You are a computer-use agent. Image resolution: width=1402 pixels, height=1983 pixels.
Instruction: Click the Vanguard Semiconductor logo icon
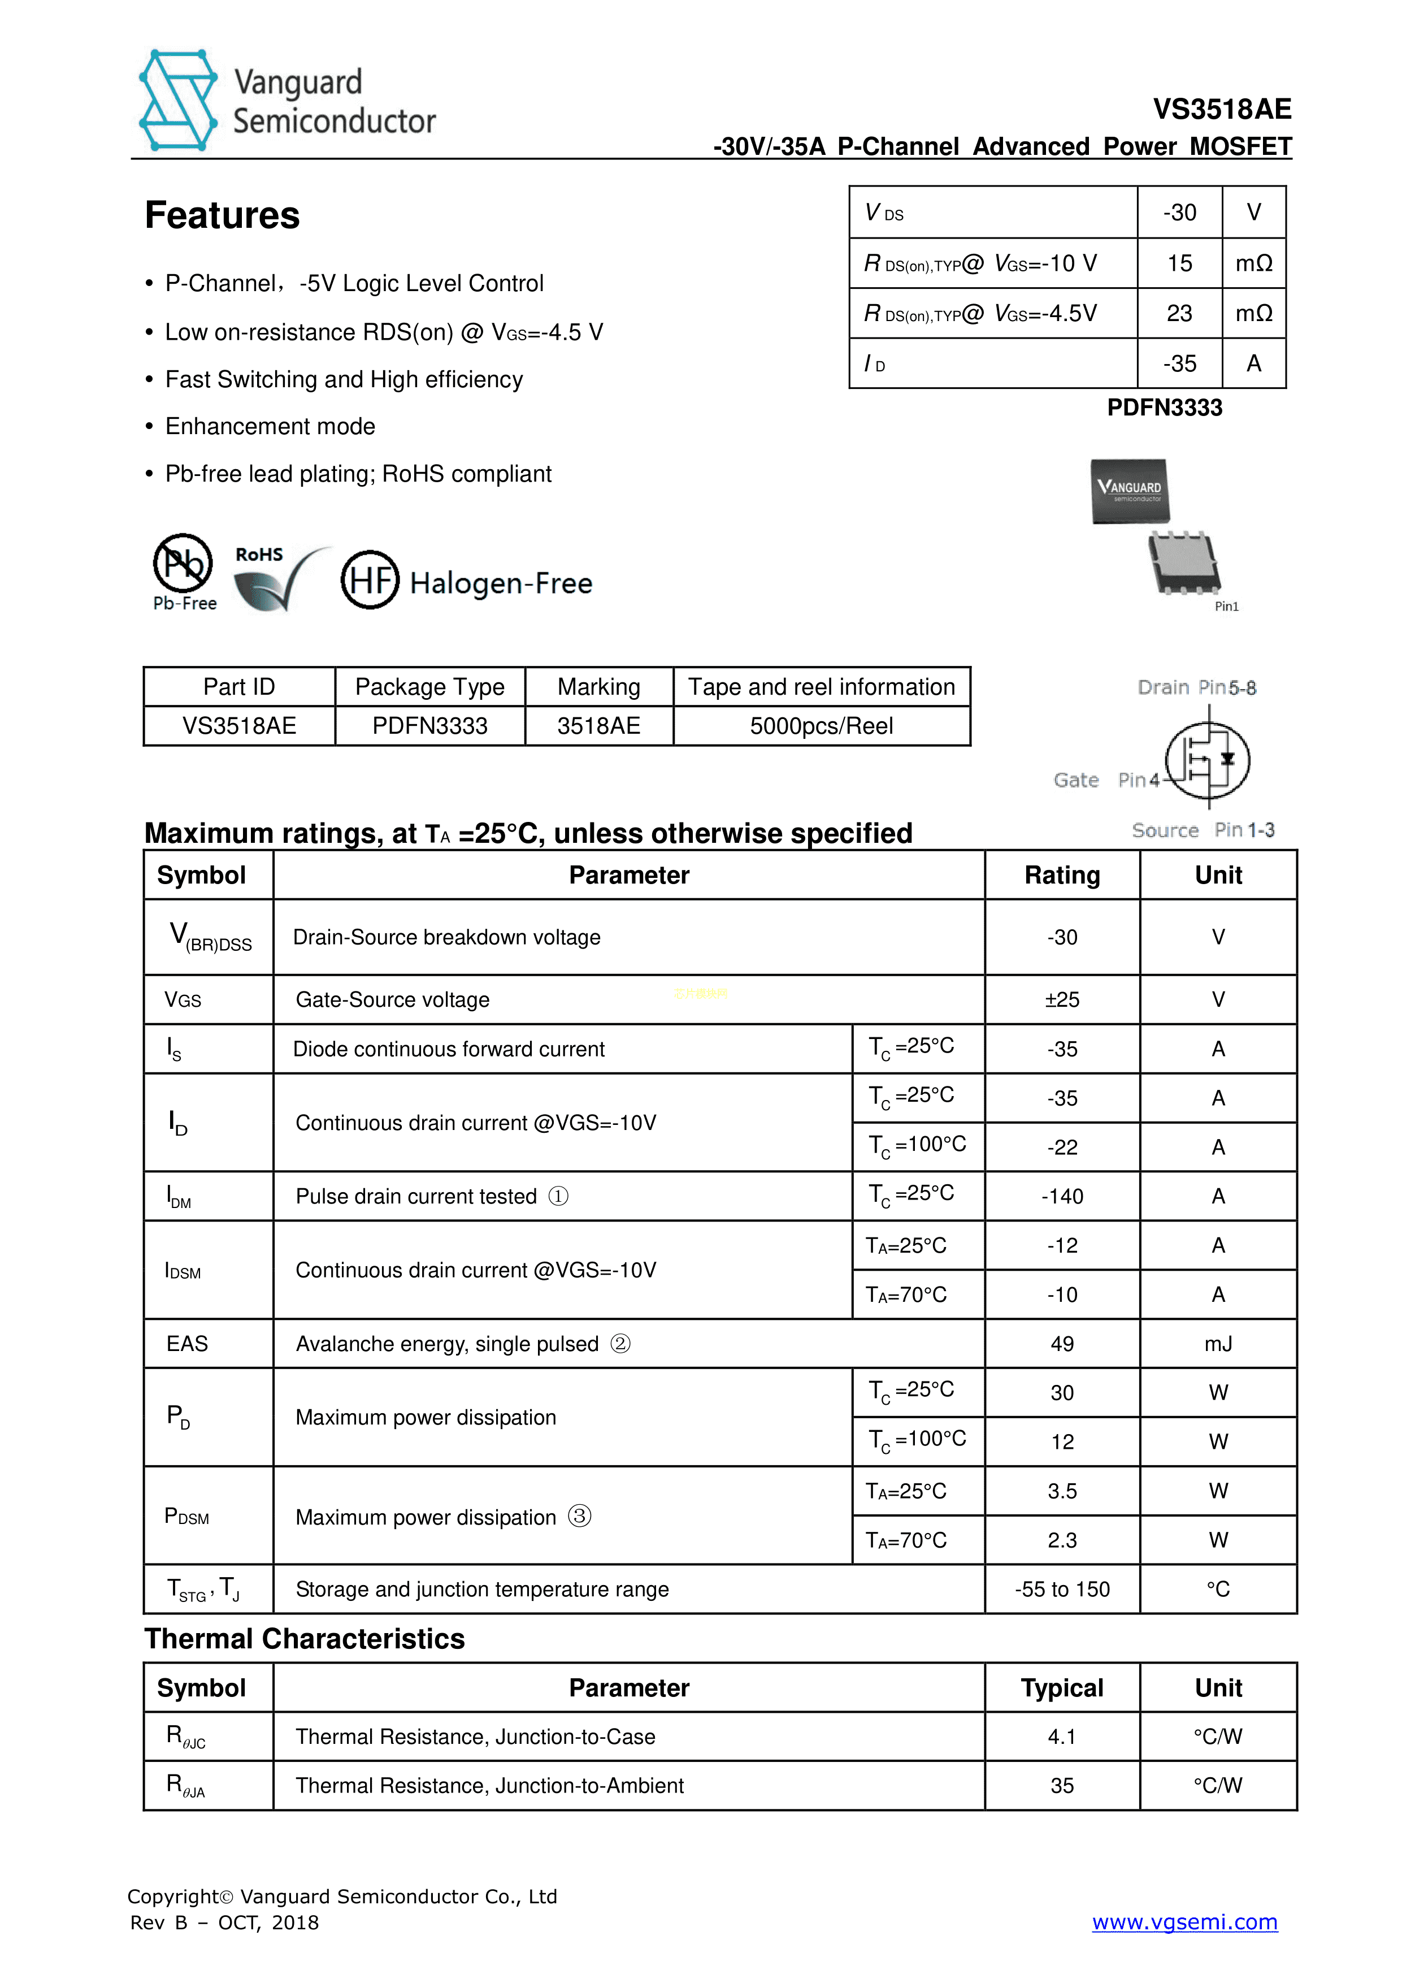coord(179,100)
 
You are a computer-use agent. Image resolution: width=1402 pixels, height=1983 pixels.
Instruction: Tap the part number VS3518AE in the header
coord(1222,110)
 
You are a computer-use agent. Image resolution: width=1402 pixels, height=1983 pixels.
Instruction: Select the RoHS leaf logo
coord(276,579)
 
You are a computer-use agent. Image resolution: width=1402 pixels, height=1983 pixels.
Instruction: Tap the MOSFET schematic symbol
coord(1207,760)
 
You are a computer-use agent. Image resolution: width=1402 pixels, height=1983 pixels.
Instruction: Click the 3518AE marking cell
coord(598,725)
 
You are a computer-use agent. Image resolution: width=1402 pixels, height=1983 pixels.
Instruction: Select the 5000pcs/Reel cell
coord(821,725)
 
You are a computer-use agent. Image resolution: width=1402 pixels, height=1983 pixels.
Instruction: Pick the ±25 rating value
coord(1062,999)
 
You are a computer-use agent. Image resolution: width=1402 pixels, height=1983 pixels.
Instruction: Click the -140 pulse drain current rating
coord(1062,1196)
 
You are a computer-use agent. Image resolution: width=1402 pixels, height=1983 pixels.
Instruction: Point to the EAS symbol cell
coord(188,1344)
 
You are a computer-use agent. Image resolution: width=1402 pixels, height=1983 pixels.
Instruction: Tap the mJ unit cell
coord(1218,1344)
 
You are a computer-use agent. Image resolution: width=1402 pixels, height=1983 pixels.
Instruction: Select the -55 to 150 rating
coord(1062,1589)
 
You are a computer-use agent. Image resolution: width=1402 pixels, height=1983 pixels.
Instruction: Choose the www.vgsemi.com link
coord(1184,1922)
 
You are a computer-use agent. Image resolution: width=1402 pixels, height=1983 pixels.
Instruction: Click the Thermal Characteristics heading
coord(305,1638)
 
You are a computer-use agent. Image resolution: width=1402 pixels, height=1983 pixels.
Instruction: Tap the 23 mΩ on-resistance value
coord(1179,313)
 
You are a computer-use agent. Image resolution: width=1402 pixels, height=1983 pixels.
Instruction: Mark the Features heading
coord(222,215)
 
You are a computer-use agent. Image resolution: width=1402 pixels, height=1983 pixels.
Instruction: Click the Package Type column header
coord(430,687)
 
